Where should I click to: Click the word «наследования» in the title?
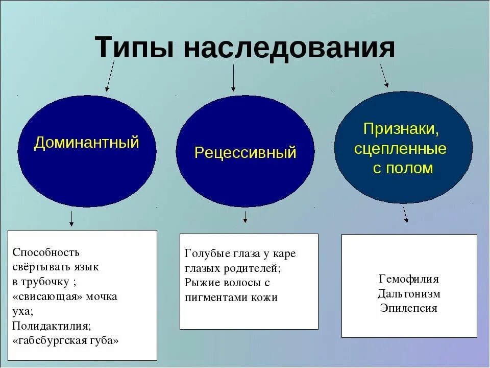coord(289,49)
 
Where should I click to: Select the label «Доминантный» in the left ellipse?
coord(86,143)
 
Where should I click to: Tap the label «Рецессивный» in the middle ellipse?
coord(246,152)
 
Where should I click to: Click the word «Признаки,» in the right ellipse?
coord(401,129)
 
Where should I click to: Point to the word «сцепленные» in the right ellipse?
coord(400,149)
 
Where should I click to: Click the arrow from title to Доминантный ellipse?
coord(110,75)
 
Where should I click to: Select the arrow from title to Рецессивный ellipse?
coord(233,78)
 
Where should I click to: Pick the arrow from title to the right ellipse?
coord(384,75)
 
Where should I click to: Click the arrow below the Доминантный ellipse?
coord(71,218)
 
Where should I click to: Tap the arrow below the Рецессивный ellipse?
coord(245,216)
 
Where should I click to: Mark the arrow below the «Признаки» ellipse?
coord(405,214)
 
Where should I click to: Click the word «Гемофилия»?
coord(409,279)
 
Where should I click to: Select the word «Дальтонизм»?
coord(409,294)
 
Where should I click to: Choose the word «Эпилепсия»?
coord(409,308)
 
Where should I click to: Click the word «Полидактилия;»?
coord(52,326)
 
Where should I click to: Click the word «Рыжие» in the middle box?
coord(198,283)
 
